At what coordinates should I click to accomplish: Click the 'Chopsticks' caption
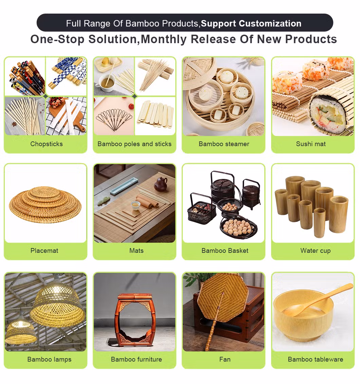click(47, 144)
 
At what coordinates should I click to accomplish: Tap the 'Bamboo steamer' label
click(224, 144)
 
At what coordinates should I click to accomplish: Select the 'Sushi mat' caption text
click(311, 144)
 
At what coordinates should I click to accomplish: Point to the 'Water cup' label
click(316, 250)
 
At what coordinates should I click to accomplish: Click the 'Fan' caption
click(225, 359)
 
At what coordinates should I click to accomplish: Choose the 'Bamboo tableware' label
click(316, 359)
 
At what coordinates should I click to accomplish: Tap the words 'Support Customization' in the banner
click(251, 23)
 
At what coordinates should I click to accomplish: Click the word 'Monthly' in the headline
click(164, 39)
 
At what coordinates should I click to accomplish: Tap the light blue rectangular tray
click(123, 186)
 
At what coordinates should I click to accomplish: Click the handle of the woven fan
click(214, 323)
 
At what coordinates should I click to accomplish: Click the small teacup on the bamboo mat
click(135, 206)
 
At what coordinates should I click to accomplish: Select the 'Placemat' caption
click(44, 250)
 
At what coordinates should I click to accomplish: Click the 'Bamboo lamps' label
click(50, 359)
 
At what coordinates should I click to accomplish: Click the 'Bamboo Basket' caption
click(225, 250)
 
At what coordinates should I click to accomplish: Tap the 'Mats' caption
click(136, 250)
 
